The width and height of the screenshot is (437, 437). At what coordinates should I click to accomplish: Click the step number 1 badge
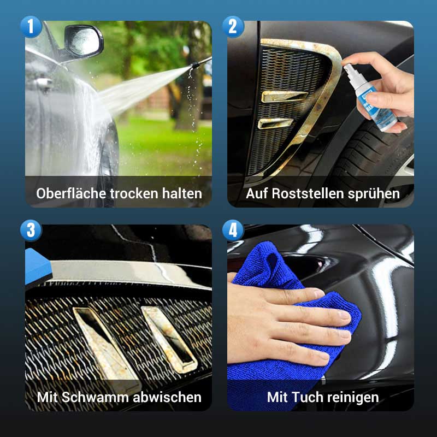[x=31, y=27]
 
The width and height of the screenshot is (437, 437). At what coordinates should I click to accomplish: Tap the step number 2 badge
[x=233, y=27]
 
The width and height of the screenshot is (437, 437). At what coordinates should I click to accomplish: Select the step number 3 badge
[x=31, y=231]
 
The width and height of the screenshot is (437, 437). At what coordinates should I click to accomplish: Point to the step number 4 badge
[x=233, y=231]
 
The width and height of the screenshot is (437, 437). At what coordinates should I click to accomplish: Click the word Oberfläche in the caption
[x=71, y=193]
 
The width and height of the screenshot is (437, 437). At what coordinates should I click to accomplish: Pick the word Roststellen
[x=308, y=193]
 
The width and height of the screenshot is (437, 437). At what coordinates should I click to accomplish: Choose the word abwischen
[x=167, y=397]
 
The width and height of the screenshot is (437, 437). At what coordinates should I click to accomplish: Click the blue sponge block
[x=38, y=266]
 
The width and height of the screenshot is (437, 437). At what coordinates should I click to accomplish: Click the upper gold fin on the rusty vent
[x=284, y=96]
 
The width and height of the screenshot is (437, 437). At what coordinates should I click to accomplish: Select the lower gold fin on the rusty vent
[x=275, y=123]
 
